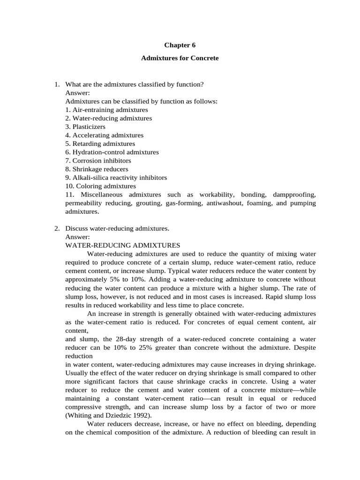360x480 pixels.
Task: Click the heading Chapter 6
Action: coord(180,45)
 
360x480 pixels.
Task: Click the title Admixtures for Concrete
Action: coord(180,59)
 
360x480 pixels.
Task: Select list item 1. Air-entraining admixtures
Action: coord(100,110)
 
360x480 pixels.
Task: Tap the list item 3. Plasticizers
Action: coord(85,127)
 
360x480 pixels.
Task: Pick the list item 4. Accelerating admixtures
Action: coord(104,135)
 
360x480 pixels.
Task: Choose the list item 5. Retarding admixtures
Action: coord(100,143)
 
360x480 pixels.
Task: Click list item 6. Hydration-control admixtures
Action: coord(112,152)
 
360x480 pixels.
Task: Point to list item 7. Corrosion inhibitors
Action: coord(98,160)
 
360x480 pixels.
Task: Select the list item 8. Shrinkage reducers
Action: coord(97,169)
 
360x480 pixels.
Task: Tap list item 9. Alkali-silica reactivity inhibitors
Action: coord(116,178)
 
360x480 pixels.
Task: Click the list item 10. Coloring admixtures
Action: coord(100,186)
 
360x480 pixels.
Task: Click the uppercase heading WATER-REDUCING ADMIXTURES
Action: coord(122,245)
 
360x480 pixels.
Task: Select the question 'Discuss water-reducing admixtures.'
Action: coord(117,228)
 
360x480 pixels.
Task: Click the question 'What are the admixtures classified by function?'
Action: coord(134,84)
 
